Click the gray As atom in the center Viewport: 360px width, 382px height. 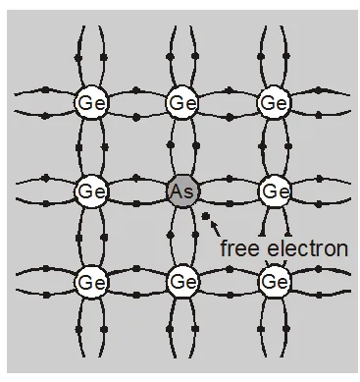click(181, 191)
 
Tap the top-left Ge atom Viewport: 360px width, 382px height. click(90, 102)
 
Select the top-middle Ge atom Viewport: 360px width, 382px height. click(181, 102)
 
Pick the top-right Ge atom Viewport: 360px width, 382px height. click(273, 102)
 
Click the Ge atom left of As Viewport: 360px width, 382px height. click(90, 191)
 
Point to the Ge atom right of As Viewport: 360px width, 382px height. click(273, 191)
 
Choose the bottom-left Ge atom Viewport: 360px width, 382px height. click(90, 282)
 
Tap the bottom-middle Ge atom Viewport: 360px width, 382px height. click(181, 282)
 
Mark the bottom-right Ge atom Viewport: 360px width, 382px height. click(273, 282)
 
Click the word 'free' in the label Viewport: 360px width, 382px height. click(242, 248)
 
